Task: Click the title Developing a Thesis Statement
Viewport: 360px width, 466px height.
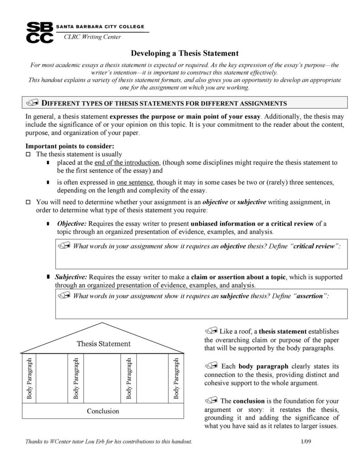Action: click(x=185, y=53)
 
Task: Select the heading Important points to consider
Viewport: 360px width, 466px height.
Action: click(x=69, y=146)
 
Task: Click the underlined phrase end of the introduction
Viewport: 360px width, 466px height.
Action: click(x=127, y=163)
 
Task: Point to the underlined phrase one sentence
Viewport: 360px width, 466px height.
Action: click(x=134, y=182)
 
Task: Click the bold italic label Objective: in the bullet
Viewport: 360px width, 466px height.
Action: click(x=72, y=224)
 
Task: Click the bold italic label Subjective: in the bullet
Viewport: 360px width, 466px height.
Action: click(x=71, y=277)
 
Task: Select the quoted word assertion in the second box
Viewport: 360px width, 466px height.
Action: click(x=311, y=295)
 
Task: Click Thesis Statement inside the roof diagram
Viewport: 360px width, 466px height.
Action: click(x=103, y=343)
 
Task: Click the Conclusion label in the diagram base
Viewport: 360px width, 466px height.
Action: click(x=103, y=411)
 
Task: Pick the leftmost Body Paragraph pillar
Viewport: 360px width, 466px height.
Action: click(x=30, y=378)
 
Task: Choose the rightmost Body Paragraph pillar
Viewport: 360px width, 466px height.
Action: click(x=176, y=378)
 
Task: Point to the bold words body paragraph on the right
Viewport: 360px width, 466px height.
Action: click(x=263, y=366)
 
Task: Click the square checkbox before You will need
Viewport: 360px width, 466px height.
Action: click(x=28, y=202)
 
